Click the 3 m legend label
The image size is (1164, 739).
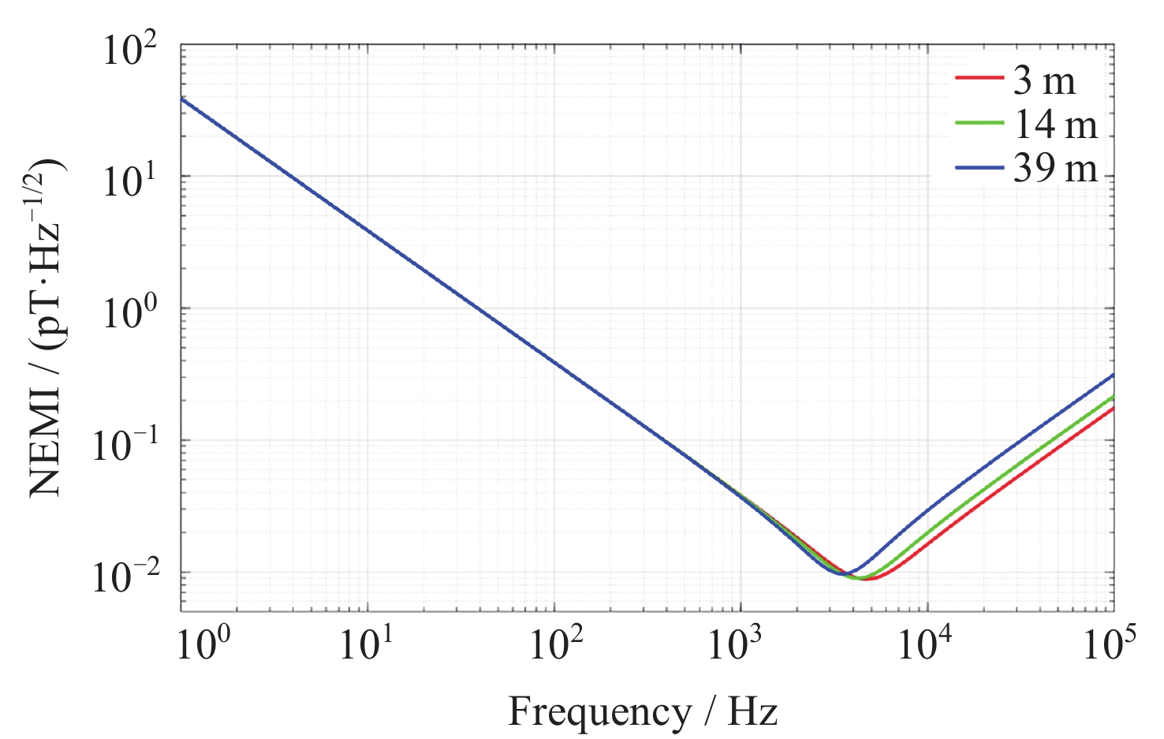click(1044, 80)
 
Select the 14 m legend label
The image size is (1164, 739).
click(1055, 125)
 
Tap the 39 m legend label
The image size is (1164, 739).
click(1055, 168)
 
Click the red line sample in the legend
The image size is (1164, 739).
click(979, 79)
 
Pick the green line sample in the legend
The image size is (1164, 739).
click(979, 123)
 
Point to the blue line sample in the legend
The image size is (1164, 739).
click(979, 167)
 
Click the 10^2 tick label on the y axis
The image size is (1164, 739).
click(130, 52)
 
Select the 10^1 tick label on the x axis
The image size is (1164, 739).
click(367, 644)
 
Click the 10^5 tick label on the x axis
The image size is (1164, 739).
click(1110, 644)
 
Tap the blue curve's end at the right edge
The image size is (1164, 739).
click(1113, 375)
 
